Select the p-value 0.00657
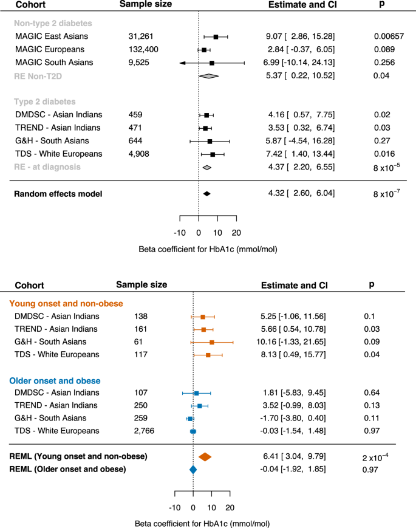pos(389,36)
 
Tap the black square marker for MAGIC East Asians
pos(216,37)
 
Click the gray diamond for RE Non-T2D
pos(208,76)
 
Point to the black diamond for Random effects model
pos(206,194)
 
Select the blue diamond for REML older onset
pos(193,469)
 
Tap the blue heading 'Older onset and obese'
pos(55,381)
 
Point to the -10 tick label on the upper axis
pos(180,233)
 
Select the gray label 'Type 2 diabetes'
pos(46,101)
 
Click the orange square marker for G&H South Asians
pos(212,343)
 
